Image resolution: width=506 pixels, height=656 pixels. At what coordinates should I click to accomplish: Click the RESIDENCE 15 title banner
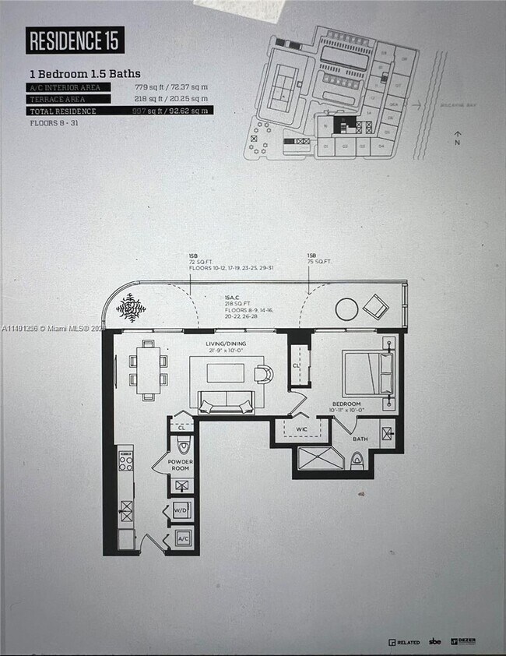(x=75, y=41)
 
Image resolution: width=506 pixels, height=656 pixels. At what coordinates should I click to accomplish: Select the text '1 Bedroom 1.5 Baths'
(x=85, y=73)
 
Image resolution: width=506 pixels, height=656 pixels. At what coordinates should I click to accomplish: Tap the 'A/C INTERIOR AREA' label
(x=65, y=87)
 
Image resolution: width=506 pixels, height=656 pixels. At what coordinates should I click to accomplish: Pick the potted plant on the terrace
(x=131, y=309)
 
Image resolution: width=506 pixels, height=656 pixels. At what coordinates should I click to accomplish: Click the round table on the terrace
(x=347, y=309)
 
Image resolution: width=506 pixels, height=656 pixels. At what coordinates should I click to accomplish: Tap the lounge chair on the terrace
(x=374, y=305)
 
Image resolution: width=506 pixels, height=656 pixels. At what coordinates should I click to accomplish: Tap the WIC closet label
(x=302, y=429)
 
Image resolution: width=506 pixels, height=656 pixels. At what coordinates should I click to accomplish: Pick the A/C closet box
(x=182, y=538)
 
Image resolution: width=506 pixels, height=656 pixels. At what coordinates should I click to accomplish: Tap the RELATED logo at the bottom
(x=403, y=642)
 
